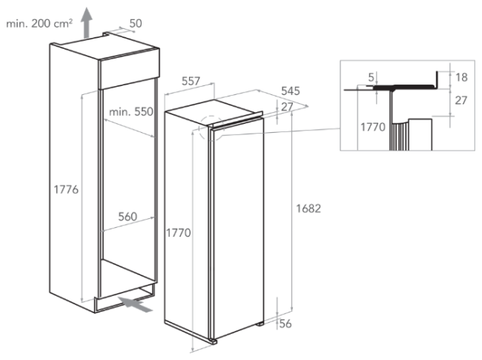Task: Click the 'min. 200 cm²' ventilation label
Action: [39, 24]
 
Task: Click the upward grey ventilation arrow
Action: [87, 23]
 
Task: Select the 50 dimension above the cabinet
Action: [135, 24]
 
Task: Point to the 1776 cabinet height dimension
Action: [66, 189]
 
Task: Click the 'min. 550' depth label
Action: [131, 111]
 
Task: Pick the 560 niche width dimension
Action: [128, 217]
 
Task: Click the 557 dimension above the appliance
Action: [191, 81]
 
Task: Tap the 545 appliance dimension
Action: [291, 91]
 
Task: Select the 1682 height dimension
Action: [308, 209]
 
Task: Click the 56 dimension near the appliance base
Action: [285, 324]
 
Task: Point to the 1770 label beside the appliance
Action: [178, 233]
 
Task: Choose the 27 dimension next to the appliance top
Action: [287, 107]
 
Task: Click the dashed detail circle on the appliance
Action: [199, 128]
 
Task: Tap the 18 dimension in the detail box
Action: [461, 77]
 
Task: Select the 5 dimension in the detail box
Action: [372, 77]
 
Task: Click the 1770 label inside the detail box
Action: [373, 127]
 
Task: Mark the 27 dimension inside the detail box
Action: [460, 100]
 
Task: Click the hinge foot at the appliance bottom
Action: [214, 341]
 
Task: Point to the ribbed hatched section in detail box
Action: [399, 135]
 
